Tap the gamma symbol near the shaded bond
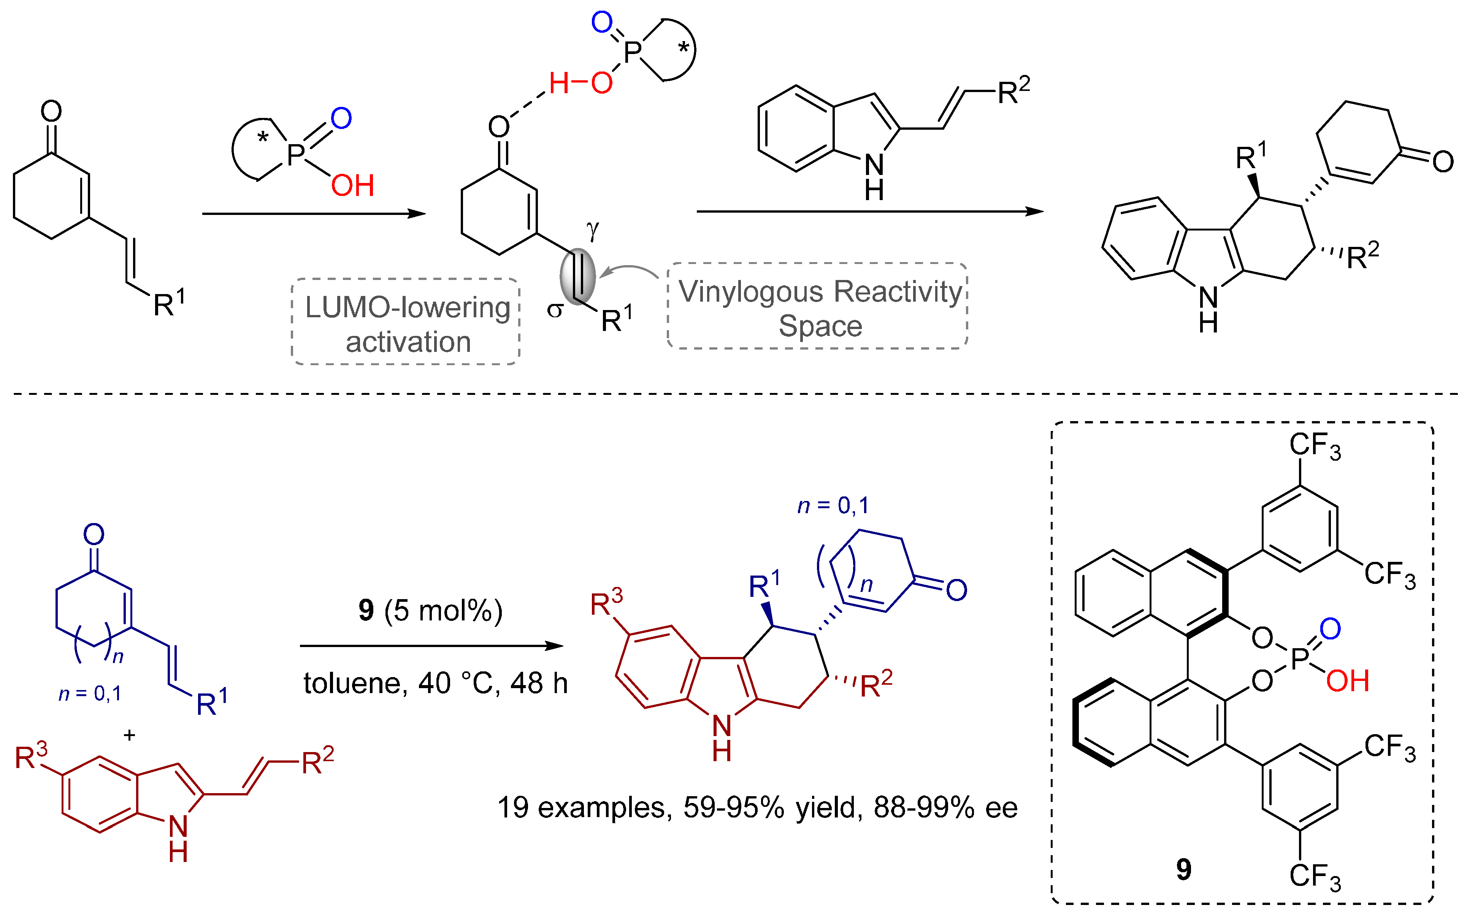592,230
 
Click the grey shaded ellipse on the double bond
577,276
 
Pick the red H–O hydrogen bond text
580,83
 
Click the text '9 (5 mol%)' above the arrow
430,611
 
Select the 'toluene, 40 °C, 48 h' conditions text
435,683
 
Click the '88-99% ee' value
945,808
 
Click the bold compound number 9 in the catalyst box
1184,869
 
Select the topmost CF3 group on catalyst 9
1315,446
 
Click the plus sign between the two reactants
129,735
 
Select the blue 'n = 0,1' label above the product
833,505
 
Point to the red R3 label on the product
606,603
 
